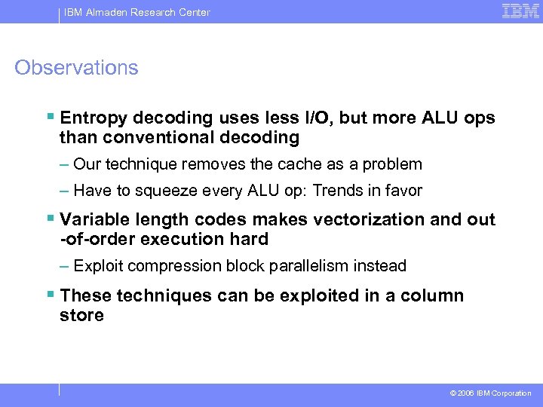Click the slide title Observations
point(76,68)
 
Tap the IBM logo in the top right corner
point(520,11)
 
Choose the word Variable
point(94,220)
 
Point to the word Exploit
point(98,266)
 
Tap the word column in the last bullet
point(429,295)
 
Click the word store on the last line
point(81,315)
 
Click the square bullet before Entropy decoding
point(50,118)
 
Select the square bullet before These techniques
point(50,295)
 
